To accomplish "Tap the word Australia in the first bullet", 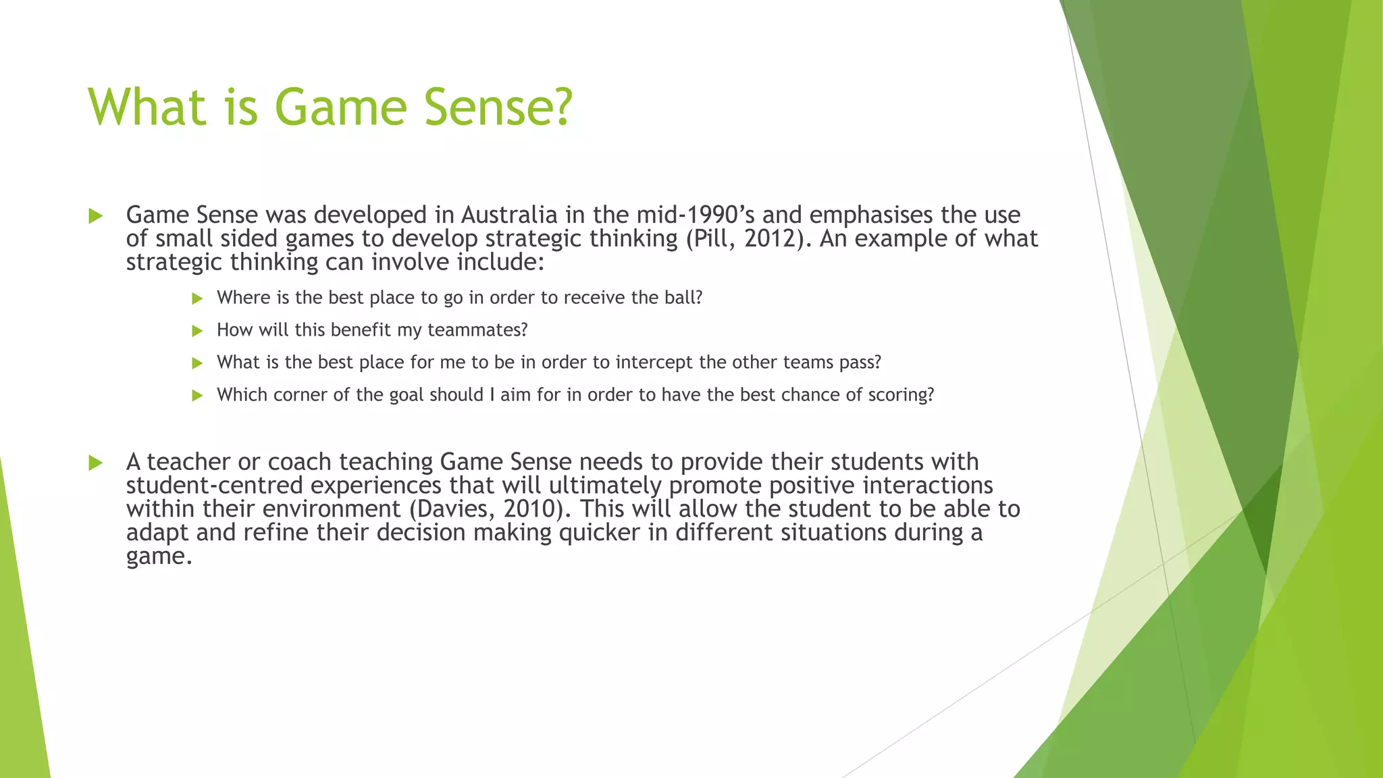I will (x=509, y=215).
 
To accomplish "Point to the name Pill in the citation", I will (x=706, y=238).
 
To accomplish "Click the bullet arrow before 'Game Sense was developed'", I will (x=95, y=216).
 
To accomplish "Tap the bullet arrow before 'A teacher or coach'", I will (x=95, y=463).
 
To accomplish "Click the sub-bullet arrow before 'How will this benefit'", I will (x=197, y=331).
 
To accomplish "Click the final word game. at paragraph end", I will (x=159, y=556).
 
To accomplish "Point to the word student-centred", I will (x=214, y=486).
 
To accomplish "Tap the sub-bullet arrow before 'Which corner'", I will (x=197, y=396).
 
